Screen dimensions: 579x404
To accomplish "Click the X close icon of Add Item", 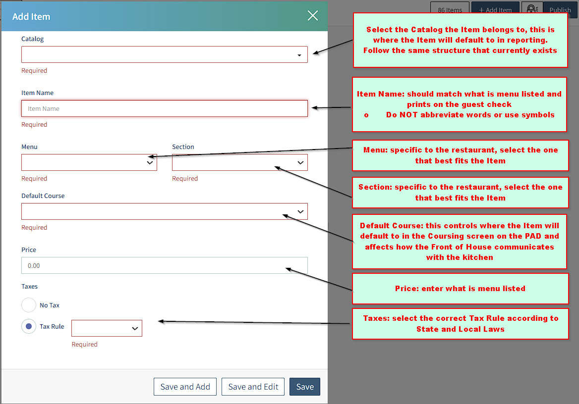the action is (313, 15).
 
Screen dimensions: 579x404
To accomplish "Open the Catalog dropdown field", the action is (164, 54).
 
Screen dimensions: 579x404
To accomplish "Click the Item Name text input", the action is (164, 108).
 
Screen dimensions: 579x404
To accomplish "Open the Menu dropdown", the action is (89, 162).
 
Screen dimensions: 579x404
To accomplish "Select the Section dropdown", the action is (239, 162).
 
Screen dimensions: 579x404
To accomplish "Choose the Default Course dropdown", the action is (164, 211).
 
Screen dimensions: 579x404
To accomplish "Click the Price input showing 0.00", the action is (164, 265).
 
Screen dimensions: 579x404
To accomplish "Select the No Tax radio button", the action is (29, 305).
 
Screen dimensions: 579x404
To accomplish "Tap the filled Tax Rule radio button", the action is (29, 327).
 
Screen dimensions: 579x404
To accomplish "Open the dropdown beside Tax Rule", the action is (107, 328).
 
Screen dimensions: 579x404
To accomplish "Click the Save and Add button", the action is (185, 387).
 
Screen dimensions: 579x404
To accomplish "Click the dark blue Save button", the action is (305, 387).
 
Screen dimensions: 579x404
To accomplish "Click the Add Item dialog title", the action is (31, 17).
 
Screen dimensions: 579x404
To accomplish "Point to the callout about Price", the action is (460, 289).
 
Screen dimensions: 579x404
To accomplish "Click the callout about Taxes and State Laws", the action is (460, 324).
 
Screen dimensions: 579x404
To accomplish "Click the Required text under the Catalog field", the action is (34, 70).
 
